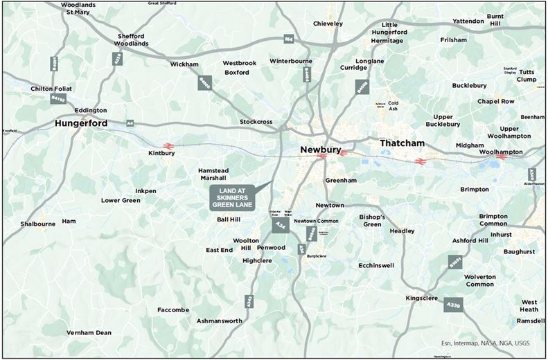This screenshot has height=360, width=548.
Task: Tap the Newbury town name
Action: [323, 149]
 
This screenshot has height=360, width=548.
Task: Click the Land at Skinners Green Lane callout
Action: [233, 197]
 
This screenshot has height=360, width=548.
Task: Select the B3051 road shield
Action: [455, 262]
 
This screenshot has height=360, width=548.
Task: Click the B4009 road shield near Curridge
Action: [360, 87]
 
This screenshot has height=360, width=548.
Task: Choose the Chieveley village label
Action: [328, 24]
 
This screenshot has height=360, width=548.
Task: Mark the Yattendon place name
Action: [469, 21]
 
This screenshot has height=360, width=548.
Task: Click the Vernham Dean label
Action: [89, 333]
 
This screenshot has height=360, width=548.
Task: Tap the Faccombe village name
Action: [173, 309]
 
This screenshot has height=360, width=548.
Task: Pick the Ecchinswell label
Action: [377, 265]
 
